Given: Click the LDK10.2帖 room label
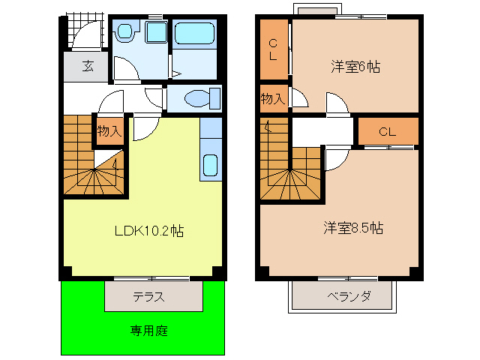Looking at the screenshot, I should click(148, 231).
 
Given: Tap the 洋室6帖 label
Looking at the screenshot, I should click(355, 67).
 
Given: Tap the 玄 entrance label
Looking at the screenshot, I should click(88, 67).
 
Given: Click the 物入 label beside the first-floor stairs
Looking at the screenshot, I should click(109, 130).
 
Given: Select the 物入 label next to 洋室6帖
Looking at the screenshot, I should click(272, 98).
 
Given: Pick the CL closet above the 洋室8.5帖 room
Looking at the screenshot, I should click(387, 132).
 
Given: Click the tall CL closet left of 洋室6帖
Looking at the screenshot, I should click(274, 49).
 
